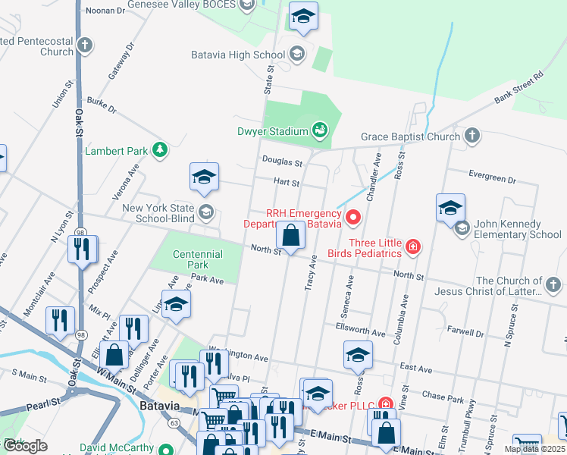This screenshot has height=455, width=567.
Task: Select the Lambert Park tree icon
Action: (x=159, y=150)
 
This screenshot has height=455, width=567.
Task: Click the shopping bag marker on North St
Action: (x=290, y=236)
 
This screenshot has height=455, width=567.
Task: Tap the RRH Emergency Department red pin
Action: (x=352, y=218)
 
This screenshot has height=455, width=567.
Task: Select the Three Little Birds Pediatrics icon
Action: (x=412, y=247)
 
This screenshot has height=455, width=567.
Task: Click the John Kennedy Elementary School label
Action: (x=518, y=229)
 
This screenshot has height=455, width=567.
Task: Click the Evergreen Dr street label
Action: (x=492, y=180)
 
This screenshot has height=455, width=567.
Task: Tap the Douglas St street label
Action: (x=282, y=162)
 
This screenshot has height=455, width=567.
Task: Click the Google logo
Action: (x=26, y=445)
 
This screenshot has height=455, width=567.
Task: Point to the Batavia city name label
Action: (x=160, y=406)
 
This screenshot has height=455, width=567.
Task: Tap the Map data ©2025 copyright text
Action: (x=534, y=449)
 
